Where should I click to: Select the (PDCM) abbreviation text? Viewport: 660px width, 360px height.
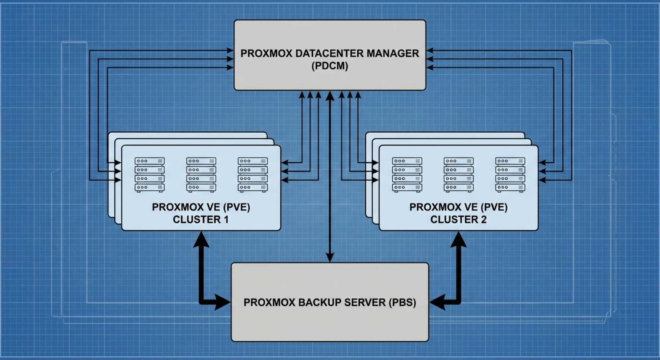330,66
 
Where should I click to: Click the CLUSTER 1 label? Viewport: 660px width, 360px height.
201,220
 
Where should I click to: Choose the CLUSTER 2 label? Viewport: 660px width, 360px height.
458,220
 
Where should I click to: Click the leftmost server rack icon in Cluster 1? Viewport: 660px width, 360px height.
150,175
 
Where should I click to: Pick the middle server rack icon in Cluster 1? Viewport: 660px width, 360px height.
201,175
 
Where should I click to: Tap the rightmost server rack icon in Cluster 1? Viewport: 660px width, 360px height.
253,175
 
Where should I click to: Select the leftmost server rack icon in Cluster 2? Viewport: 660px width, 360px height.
407,175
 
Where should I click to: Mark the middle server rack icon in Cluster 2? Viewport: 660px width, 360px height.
458,175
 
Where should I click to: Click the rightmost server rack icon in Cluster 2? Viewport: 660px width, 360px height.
510,175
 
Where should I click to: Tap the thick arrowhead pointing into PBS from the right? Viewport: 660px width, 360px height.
437,302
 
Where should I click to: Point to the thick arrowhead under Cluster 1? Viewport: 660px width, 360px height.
201,239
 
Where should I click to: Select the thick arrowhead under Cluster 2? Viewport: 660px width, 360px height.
458,239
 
